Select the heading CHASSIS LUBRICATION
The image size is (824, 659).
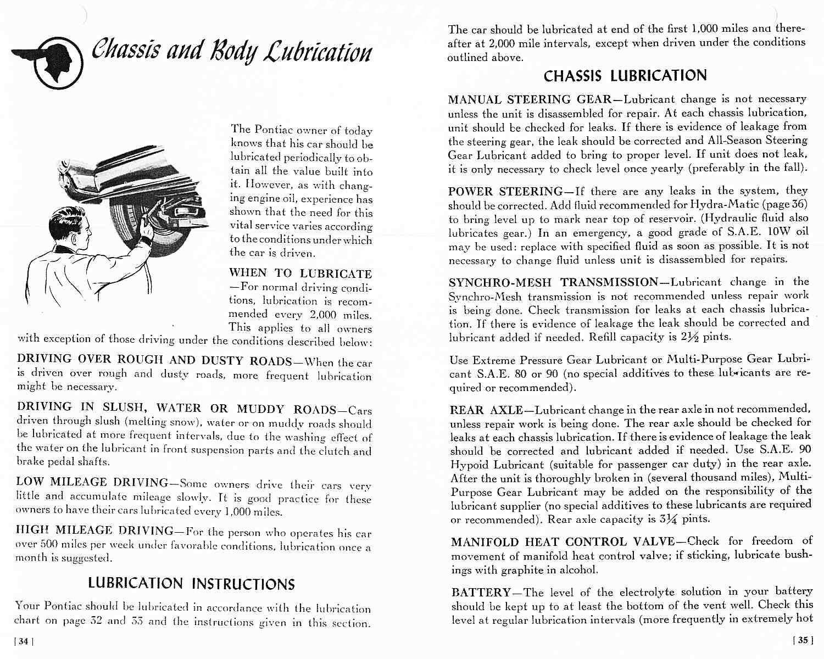pos(625,75)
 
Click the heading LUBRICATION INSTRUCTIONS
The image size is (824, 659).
pos(191,583)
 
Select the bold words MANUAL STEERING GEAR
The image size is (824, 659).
pos(530,99)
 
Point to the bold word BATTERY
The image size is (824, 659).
pos(481,593)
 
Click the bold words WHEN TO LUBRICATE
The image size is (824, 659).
pos(300,273)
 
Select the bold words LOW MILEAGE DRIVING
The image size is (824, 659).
pos(92,482)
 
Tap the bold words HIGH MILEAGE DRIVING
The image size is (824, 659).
pos(95,530)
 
